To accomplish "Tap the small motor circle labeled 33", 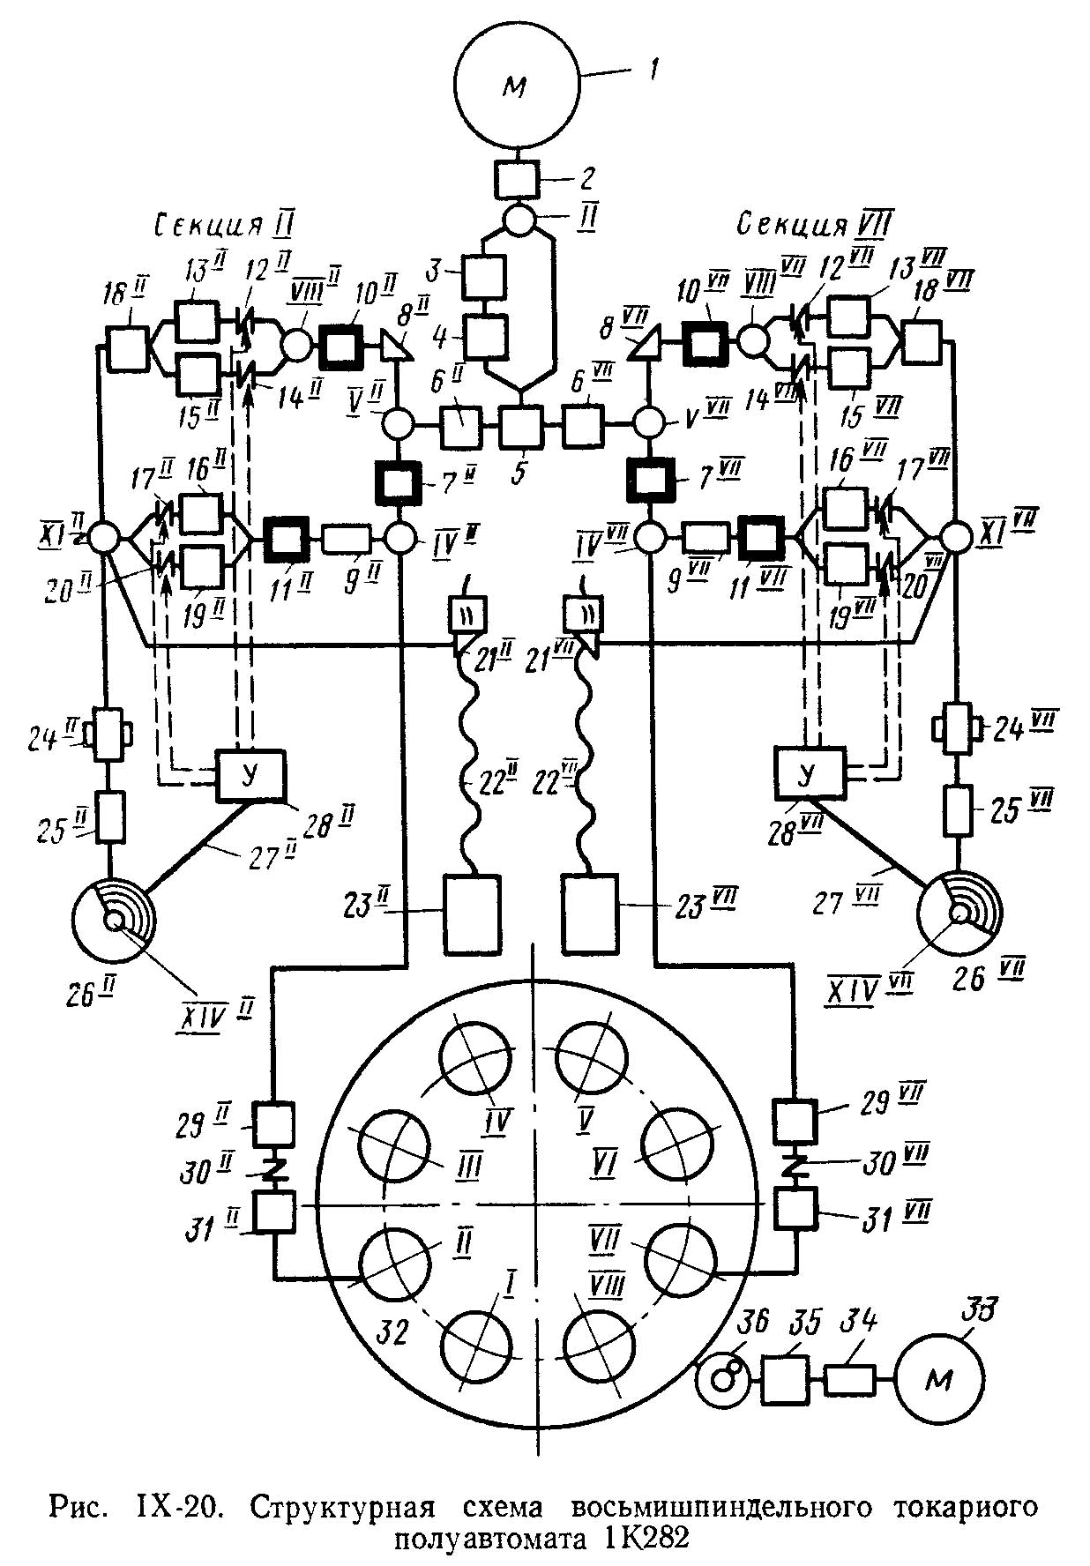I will [939, 1380].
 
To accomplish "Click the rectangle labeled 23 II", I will [470, 913].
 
